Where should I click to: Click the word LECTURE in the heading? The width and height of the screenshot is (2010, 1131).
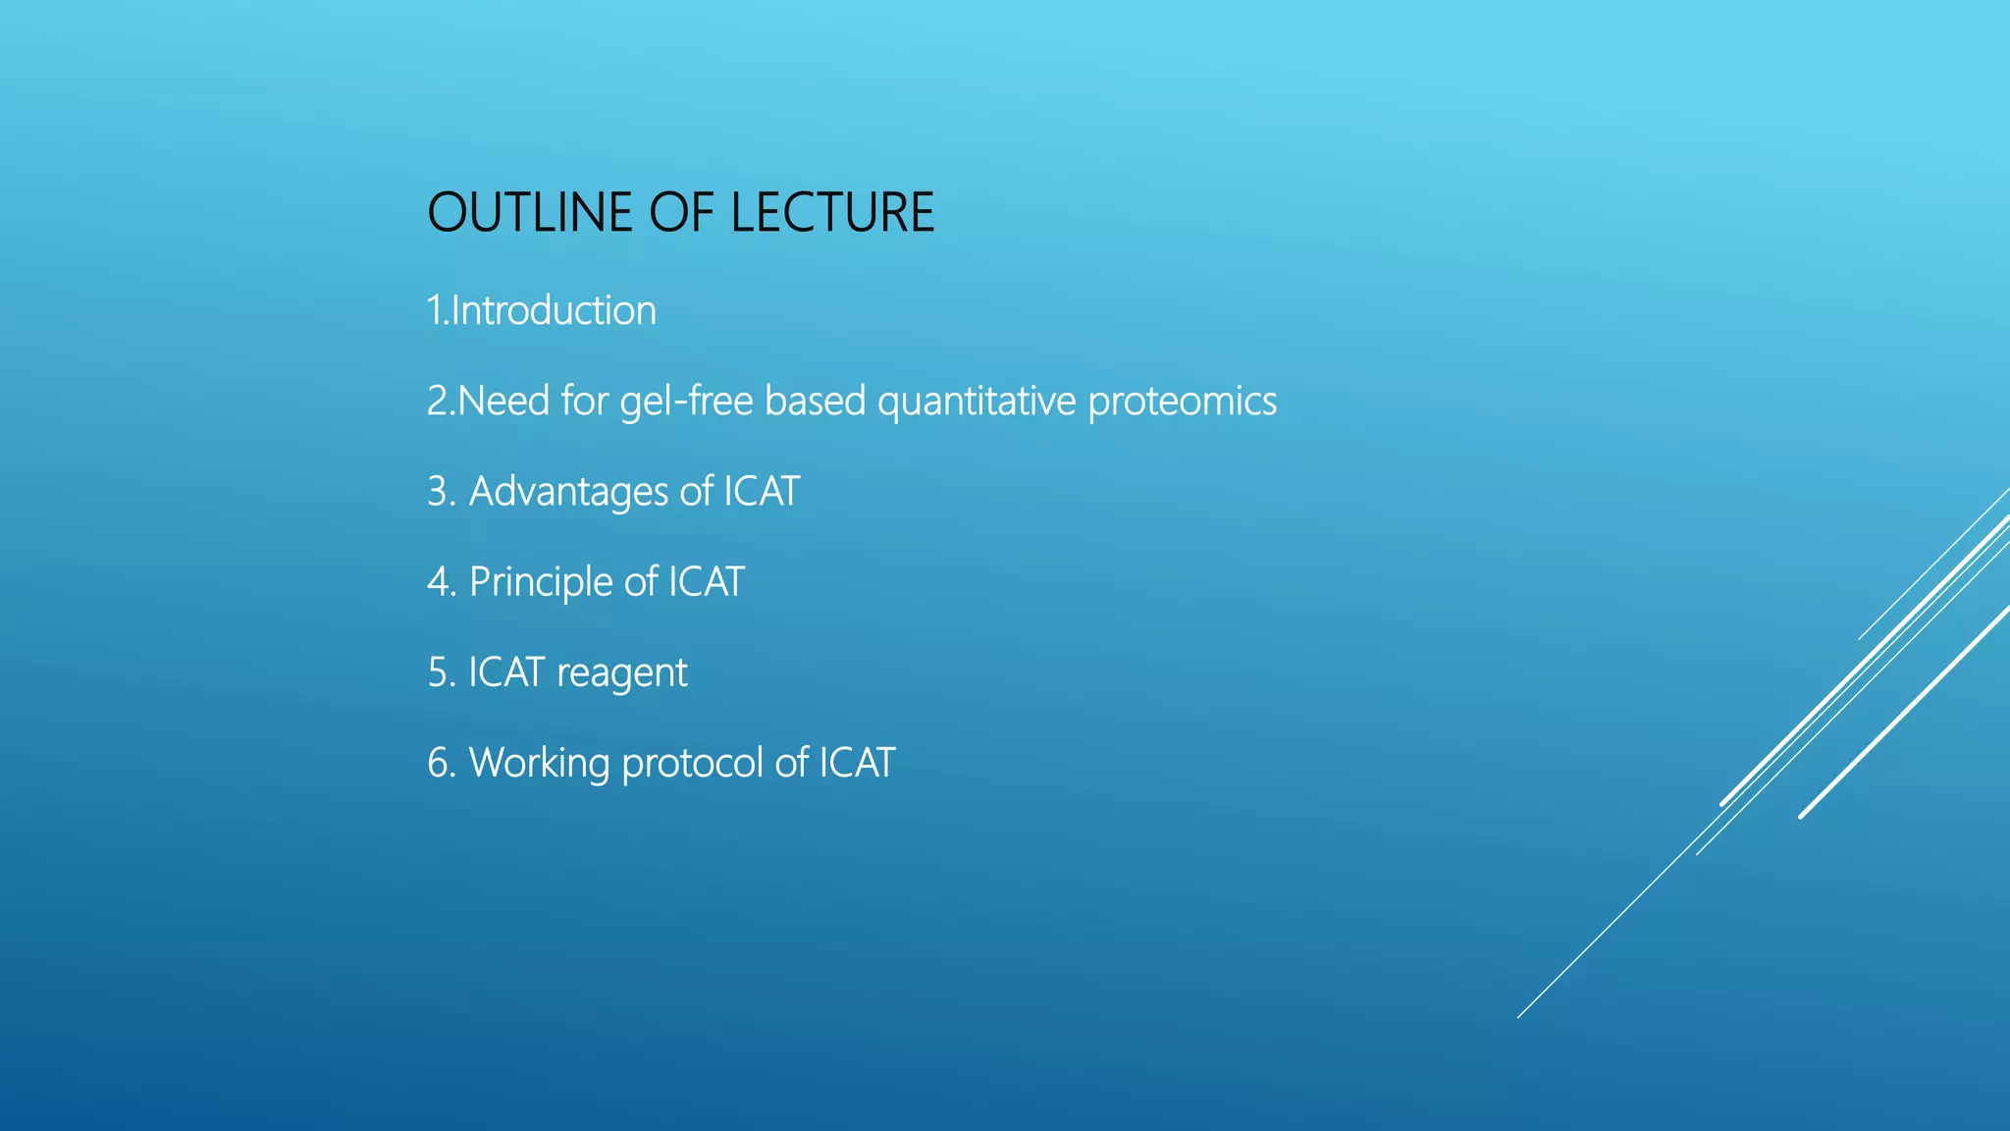(x=832, y=212)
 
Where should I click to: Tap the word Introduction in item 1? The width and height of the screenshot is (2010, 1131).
(x=554, y=310)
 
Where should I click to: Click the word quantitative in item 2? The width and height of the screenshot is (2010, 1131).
(x=977, y=402)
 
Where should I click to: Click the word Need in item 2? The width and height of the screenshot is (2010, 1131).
(x=503, y=402)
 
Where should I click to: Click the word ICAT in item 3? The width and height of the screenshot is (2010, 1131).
(x=762, y=491)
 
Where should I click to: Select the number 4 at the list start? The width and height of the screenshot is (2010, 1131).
(x=438, y=582)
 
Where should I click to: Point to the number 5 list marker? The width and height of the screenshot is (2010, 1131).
(x=438, y=673)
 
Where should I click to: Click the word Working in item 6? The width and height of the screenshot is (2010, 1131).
(x=539, y=763)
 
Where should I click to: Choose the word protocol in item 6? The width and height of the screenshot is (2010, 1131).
(x=692, y=763)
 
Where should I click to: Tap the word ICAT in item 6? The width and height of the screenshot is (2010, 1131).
(x=857, y=763)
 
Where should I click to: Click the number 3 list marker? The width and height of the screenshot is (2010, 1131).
(x=438, y=492)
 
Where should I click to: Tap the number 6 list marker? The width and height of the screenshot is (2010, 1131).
(x=438, y=763)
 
